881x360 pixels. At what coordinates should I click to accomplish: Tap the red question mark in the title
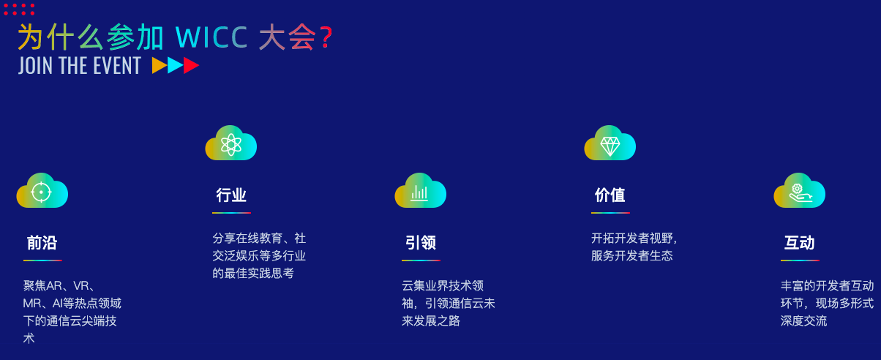(x=326, y=38)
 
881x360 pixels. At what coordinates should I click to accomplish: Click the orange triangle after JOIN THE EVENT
(x=159, y=66)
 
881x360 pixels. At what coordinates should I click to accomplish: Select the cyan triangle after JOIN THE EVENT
(x=175, y=66)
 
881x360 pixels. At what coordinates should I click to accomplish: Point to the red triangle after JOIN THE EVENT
(x=191, y=66)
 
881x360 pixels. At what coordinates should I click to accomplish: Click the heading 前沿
(x=42, y=243)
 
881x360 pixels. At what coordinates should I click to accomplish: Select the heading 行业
(x=231, y=195)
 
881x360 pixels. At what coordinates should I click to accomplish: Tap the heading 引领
(x=420, y=243)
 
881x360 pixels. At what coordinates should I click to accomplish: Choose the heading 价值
(x=610, y=195)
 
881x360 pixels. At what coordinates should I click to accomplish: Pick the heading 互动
(x=799, y=243)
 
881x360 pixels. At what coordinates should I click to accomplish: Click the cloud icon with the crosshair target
(x=42, y=191)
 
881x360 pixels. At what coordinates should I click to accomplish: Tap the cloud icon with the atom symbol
(x=231, y=143)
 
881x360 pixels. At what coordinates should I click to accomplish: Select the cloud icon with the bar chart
(x=420, y=191)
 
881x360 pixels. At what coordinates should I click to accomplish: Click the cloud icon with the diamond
(x=610, y=143)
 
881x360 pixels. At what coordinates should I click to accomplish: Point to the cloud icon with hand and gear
(x=799, y=191)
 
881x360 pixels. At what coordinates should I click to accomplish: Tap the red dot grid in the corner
(x=19, y=9)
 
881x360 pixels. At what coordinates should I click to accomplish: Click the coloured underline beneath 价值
(x=610, y=213)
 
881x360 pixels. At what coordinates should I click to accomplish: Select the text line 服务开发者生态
(x=631, y=256)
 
